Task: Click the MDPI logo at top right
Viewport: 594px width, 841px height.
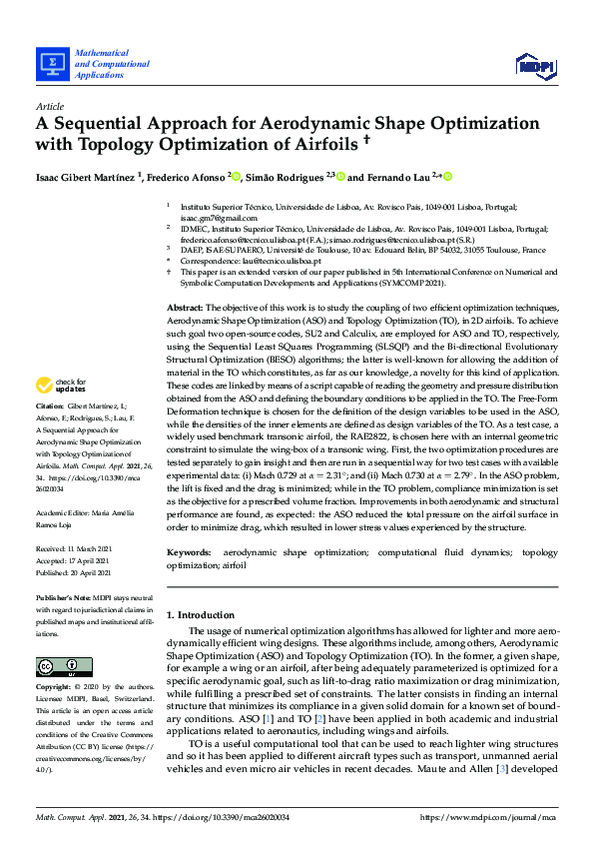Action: pyautogui.click(x=534, y=66)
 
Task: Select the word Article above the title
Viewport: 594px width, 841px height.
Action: pyautogui.click(x=50, y=106)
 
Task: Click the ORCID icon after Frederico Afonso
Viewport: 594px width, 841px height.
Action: pyautogui.click(x=237, y=177)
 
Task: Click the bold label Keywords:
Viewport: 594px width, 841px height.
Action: pyautogui.click(x=189, y=552)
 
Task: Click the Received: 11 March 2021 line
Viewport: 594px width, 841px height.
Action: pyautogui.click(x=77, y=549)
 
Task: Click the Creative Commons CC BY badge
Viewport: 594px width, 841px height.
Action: pyautogui.click(x=57, y=666)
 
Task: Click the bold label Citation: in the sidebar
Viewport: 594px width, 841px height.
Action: pyautogui.click(x=50, y=408)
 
